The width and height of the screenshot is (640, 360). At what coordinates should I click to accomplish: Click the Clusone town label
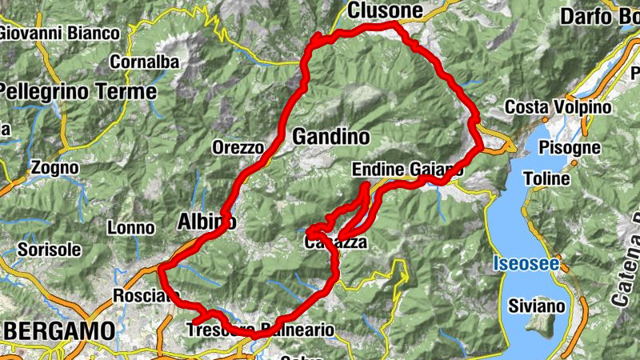pyautogui.click(x=385, y=10)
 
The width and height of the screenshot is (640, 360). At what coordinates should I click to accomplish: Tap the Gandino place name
pyautogui.click(x=331, y=137)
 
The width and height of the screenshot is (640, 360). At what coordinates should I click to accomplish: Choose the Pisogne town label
pyautogui.click(x=570, y=147)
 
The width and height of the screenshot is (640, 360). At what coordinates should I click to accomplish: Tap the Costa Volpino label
pyautogui.click(x=558, y=107)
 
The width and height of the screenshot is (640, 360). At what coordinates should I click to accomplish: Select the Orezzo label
pyautogui.click(x=238, y=147)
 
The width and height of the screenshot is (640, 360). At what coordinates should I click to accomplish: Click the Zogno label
pyautogui.click(x=54, y=168)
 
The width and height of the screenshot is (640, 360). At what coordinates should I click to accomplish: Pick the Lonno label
pyautogui.click(x=130, y=228)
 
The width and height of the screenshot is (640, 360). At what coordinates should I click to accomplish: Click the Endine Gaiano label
pyautogui.click(x=407, y=169)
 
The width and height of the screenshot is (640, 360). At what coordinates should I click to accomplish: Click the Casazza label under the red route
pyautogui.click(x=336, y=241)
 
